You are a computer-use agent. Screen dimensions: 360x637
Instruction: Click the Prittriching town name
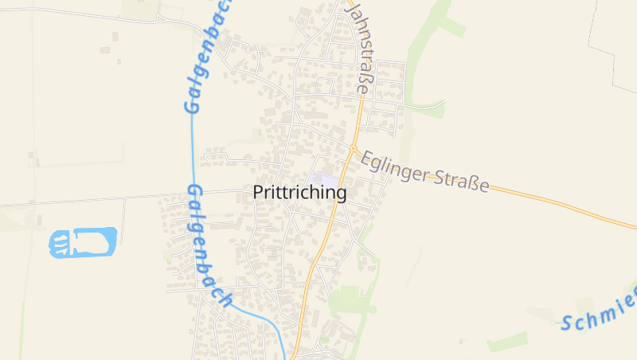tap(299, 193)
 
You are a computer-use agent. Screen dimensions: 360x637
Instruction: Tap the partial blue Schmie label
tap(599, 311)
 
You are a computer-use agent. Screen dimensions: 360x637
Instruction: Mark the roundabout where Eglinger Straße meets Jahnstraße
tap(353, 148)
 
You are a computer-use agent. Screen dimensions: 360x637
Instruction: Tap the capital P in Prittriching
tap(259, 193)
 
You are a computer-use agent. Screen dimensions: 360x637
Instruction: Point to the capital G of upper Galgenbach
tap(192, 104)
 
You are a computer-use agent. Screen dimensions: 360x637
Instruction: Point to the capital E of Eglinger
tap(368, 159)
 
